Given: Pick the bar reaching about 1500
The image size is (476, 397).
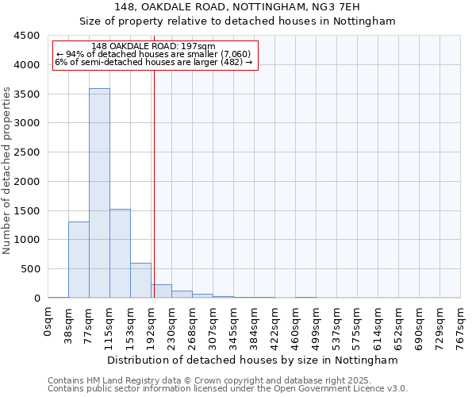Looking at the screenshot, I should point(120,253).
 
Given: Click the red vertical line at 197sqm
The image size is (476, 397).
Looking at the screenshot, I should point(154,183).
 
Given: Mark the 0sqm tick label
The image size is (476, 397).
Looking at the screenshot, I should point(48,322).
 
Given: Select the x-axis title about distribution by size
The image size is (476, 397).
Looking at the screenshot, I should point(252,360).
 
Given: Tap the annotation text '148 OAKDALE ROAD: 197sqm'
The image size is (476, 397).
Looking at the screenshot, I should point(148,47).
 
